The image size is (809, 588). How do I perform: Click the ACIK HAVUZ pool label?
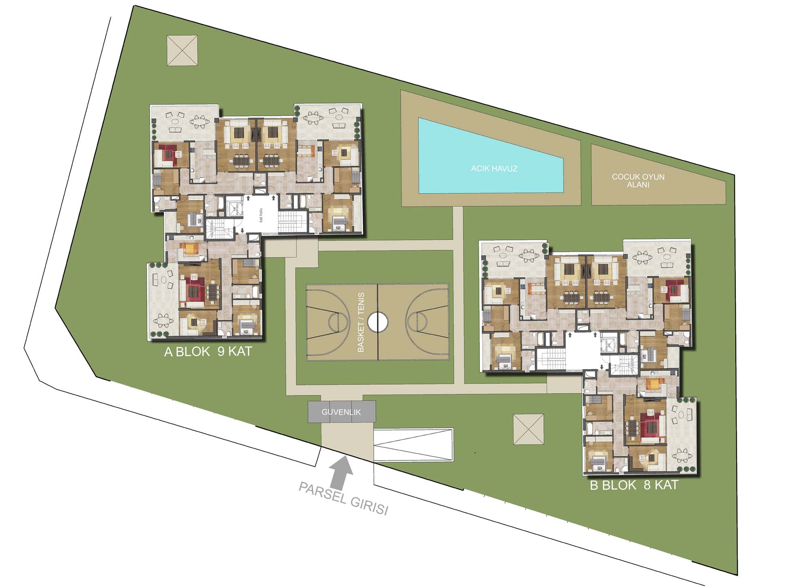coord(494,169)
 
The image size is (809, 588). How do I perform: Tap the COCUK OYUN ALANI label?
coord(638,181)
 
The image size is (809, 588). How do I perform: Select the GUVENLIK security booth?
coord(342,412)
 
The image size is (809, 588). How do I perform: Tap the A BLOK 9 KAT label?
coord(208,351)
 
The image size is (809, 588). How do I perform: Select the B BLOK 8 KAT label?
coord(634,485)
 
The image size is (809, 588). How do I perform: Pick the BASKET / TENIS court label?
coord(361,322)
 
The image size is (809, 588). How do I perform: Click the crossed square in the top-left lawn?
coord(182,50)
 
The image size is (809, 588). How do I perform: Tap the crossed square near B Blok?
coord(529,429)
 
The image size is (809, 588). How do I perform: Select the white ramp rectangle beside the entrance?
coord(413,445)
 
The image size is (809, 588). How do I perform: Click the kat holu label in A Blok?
coord(261,215)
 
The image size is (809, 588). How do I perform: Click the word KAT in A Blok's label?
coord(240,351)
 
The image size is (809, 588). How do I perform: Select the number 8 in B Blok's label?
coord(647,485)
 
